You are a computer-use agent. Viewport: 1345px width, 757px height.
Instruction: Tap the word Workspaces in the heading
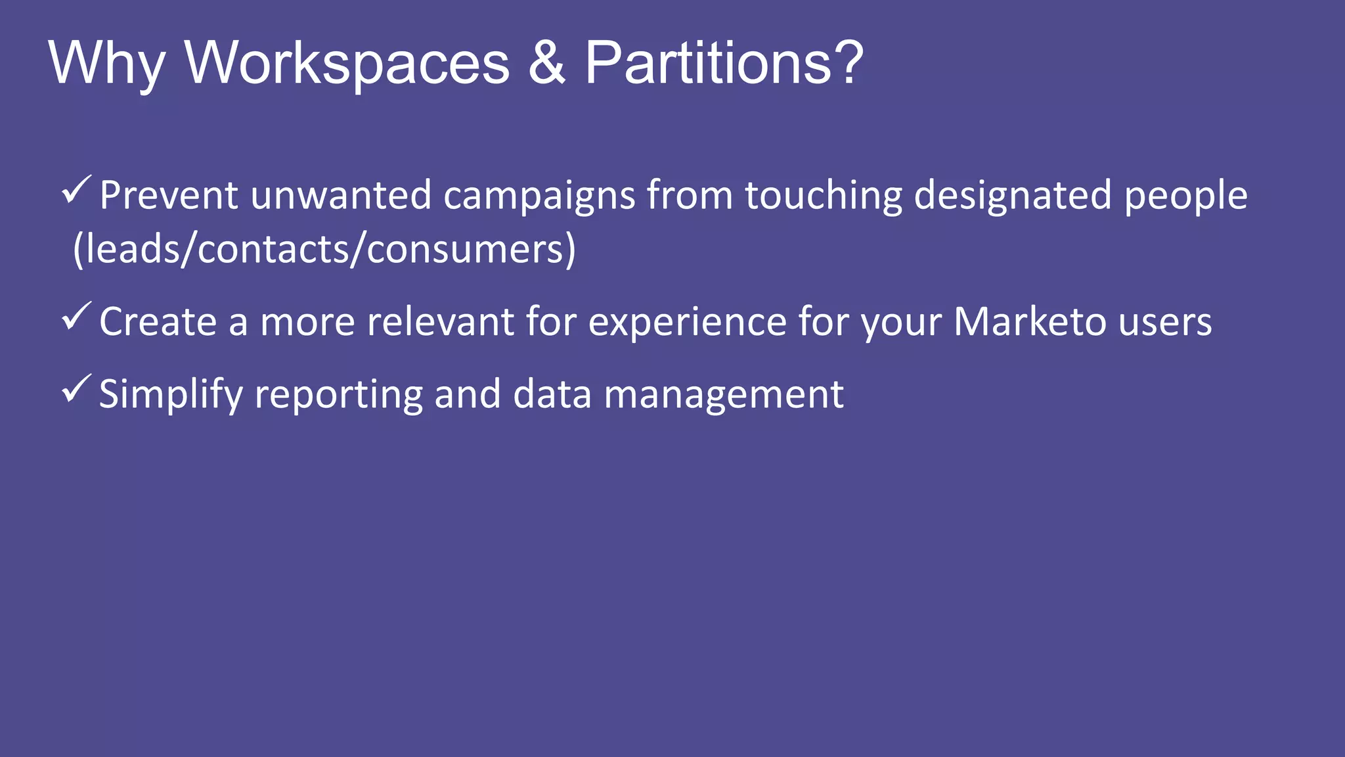coord(347,63)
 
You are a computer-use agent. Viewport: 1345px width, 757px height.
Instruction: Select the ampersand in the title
coord(546,63)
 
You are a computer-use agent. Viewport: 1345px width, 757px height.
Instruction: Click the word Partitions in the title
coord(709,63)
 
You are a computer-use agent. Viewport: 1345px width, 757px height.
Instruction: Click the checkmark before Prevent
coord(76,191)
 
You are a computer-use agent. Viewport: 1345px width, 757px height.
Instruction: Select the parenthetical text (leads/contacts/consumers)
coord(324,250)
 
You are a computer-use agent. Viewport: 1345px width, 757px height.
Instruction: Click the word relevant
coord(440,322)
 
